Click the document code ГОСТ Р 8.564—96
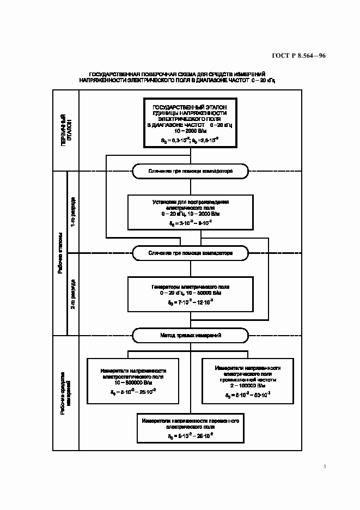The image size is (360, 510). [x=298, y=55]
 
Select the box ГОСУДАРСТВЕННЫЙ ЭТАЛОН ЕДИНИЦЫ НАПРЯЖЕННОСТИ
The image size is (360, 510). [x=190, y=123]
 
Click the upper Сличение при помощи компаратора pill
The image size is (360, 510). [x=190, y=171]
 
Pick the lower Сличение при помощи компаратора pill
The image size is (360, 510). [x=190, y=253]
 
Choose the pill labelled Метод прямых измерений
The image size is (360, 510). [x=190, y=335]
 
